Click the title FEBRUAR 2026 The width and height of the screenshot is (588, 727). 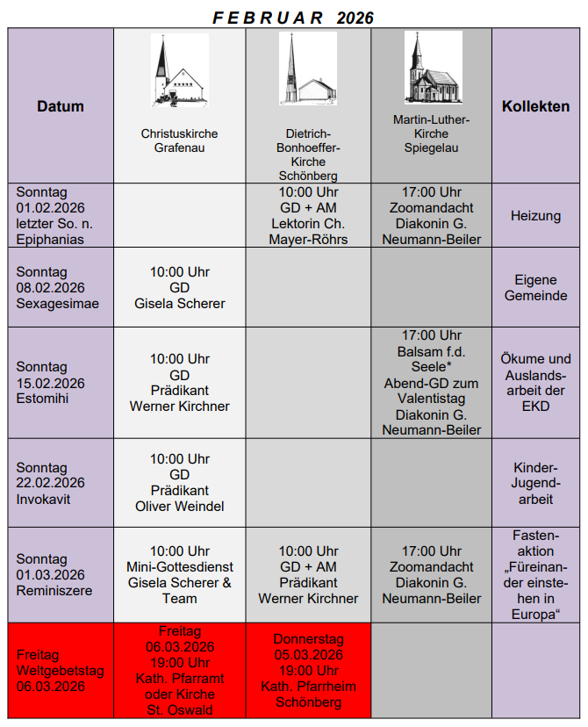tap(294, 18)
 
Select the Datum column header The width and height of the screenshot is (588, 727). tap(61, 106)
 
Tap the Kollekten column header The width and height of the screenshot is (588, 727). tap(535, 106)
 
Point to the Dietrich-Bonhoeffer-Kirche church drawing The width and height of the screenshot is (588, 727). tap(308, 68)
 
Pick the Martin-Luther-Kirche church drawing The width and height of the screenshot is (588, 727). tap(432, 68)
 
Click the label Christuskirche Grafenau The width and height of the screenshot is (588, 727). tap(180, 141)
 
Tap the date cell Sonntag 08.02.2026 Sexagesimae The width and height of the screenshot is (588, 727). tap(58, 288)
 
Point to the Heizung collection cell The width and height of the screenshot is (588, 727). tap(535, 215)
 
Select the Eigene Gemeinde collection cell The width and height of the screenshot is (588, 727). tap(535, 288)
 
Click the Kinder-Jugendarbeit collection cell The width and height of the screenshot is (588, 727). tap(535, 484)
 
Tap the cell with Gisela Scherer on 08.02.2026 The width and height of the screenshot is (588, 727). tap(180, 288)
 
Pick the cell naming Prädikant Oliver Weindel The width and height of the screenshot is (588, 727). tap(180, 483)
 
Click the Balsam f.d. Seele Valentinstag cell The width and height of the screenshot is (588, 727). tap(432, 383)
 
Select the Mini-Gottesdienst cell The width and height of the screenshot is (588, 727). tap(180, 575)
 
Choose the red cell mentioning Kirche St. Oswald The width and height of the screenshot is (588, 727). tap(180, 670)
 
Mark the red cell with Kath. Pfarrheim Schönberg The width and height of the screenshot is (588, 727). tap(308, 671)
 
